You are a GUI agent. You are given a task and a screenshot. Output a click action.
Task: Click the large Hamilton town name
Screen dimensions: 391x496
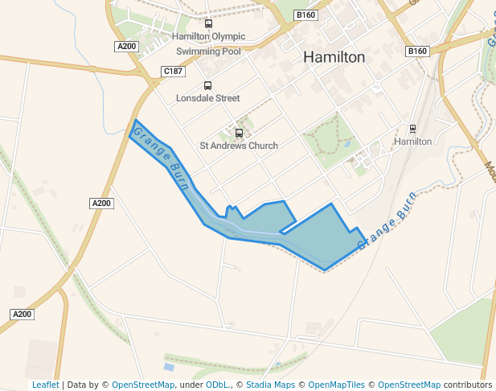pos(334,57)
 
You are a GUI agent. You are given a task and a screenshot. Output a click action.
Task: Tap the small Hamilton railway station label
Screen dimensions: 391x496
pos(412,141)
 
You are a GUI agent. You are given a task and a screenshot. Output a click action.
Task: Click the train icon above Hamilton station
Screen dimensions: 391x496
pos(413,128)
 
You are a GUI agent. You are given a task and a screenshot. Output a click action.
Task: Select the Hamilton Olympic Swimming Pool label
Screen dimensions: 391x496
pos(208,43)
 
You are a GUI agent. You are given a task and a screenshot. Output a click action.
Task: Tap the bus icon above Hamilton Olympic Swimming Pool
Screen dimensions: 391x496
pos(209,24)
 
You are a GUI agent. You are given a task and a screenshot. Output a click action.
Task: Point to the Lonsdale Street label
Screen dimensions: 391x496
pos(208,98)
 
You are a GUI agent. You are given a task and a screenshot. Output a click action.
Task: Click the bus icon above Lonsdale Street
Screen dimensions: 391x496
pos(207,85)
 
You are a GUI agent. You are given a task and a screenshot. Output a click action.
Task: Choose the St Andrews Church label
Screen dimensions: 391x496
pos(239,146)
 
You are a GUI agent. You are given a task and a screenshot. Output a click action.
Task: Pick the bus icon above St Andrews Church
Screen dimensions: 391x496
pos(239,133)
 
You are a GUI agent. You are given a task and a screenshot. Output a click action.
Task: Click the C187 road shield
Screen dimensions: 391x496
pos(173,72)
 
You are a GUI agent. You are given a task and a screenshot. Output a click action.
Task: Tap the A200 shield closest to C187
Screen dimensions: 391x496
pos(127,47)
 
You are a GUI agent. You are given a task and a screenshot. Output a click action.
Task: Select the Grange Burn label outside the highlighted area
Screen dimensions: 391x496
pos(387,220)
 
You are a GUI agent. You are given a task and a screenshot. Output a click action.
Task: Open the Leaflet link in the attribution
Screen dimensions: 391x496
pos(45,385)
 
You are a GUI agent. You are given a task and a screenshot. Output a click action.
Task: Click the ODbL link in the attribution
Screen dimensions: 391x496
pos(217,385)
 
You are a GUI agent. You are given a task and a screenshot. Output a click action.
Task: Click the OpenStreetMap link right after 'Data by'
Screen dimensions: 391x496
pos(142,385)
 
